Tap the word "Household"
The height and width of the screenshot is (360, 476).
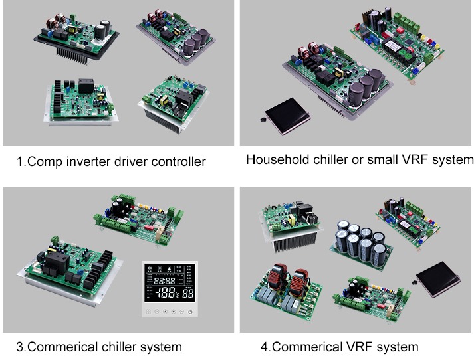pyautogui.click(x=277, y=160)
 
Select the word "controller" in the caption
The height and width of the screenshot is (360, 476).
pyautogui.click(x=178, y=161)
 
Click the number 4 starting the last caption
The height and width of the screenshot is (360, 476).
pyautogui.click(x=264, y=347)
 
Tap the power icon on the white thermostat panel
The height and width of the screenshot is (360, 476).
pyautogui.click(x=190, y=312)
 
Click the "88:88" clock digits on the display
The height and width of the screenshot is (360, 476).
pyautogui.click(x=164, y=280)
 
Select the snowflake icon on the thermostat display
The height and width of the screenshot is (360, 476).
pyautogui.click(x=150, y=268)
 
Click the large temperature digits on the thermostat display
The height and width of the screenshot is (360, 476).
pyautogui.click(x=166, y=293)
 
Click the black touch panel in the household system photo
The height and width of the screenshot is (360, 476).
pyautogui.click(x=287, y=116)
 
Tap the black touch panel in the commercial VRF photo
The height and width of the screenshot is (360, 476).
pyautogui.click(x=438, y=278)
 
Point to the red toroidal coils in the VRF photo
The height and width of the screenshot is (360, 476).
pyautogui.click(x=288, y=280)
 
